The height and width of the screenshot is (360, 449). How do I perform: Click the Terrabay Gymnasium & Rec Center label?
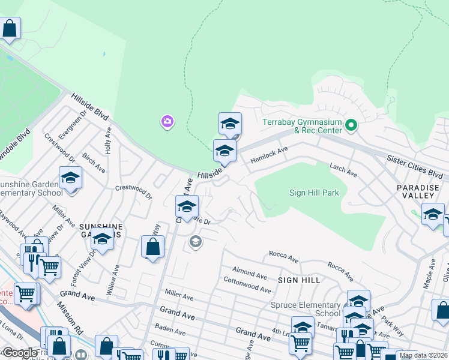[x=302, y=126]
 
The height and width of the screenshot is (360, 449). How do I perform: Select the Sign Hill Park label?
[x=314, y=193]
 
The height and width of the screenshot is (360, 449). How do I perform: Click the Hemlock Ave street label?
[x=270, y=155]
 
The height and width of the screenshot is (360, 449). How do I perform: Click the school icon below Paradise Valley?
[x=433, y=214]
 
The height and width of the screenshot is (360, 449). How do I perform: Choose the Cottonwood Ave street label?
[x=247, y=284]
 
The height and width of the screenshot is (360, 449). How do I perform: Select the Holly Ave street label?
[x=109, y=140]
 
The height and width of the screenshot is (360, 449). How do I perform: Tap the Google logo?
[x=19, y=352]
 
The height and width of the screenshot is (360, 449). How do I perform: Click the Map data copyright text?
[x=423, y=355]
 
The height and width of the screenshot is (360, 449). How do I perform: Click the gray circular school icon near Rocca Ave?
[x=195, y=242]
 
